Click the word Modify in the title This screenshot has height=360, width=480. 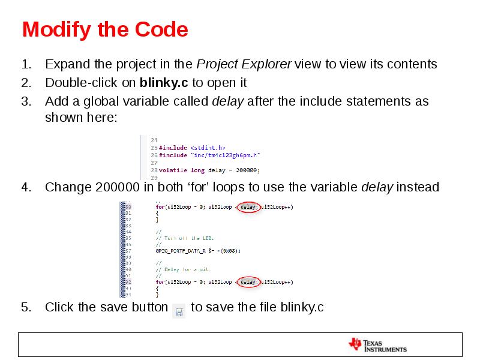tap(53, 29)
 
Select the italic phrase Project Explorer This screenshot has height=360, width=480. tap(244, 64)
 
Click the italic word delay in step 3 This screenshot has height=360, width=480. tap(228, 101)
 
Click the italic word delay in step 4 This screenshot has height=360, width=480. tap(377, 187)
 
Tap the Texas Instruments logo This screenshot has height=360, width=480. tap(377, 344)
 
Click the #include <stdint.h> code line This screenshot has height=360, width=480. tap(191, 148)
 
